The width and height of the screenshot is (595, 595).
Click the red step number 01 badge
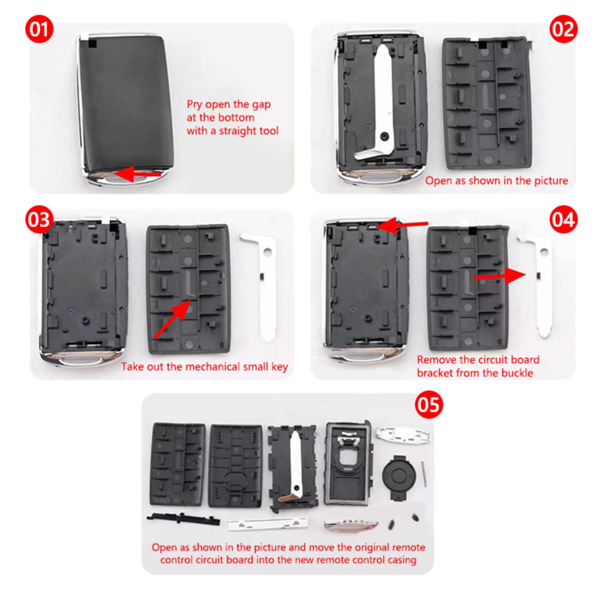click(39, 29)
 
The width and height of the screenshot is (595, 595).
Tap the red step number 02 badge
click(563, 29)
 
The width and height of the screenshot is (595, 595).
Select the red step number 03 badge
click(39, 220)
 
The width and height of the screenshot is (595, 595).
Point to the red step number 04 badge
click(563, 220)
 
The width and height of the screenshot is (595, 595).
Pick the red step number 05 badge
click(429, 405)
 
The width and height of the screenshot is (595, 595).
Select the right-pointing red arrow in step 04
click(499, 277)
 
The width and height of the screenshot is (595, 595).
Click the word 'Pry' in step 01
click(195, 105)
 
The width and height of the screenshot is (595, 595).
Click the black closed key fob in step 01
click(125, 108)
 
